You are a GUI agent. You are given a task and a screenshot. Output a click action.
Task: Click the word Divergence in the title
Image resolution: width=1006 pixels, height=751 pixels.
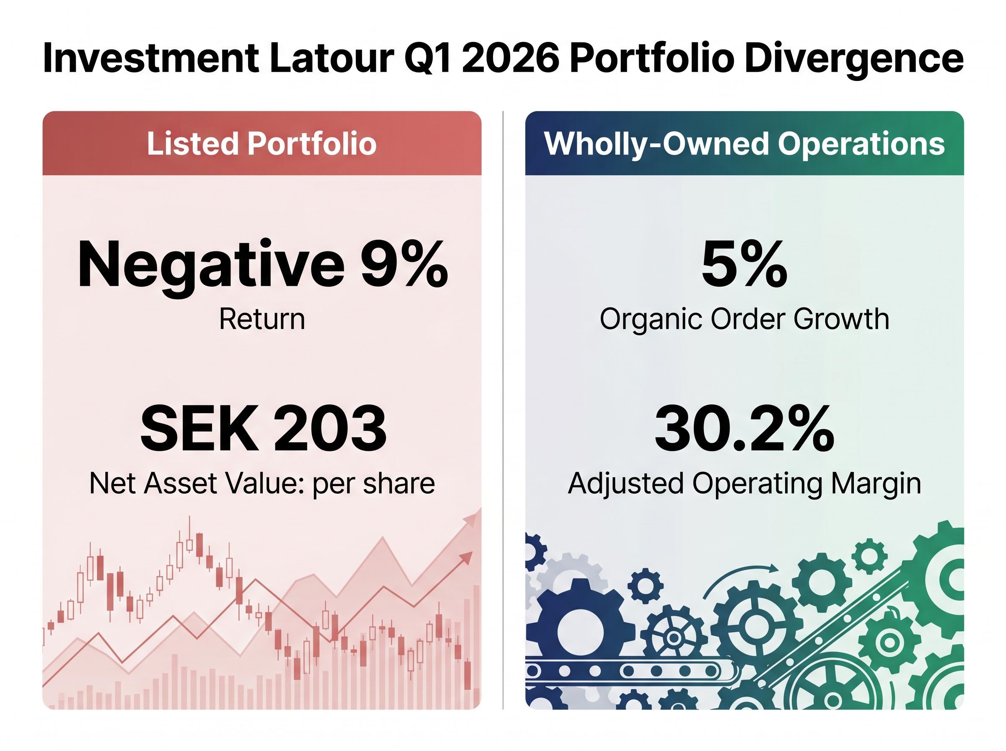(854, 58)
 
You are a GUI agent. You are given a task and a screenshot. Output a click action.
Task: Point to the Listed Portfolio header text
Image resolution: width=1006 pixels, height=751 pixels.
(262, 144)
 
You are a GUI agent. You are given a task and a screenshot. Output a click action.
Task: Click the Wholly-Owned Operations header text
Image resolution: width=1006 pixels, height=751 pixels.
(744, 144)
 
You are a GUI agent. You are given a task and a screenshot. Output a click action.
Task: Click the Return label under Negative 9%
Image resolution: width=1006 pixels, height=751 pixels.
(262, 319)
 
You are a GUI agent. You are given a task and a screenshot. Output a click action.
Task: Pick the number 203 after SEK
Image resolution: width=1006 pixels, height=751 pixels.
(330, 429)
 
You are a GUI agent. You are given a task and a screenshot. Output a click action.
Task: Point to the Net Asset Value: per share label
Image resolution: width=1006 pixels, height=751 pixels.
(262, 483)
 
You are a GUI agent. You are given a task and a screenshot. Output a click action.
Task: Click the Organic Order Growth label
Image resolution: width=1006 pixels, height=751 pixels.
(744, 319)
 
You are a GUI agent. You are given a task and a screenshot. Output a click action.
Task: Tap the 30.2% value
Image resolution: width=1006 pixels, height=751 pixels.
(744, 429)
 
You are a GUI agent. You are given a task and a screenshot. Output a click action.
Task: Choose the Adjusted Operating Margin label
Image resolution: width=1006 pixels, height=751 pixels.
(744, 483)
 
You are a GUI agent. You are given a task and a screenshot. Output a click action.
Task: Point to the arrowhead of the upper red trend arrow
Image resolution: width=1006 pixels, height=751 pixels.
(475, 518)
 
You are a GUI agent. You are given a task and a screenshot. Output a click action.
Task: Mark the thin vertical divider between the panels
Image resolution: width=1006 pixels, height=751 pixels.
(503, 409)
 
